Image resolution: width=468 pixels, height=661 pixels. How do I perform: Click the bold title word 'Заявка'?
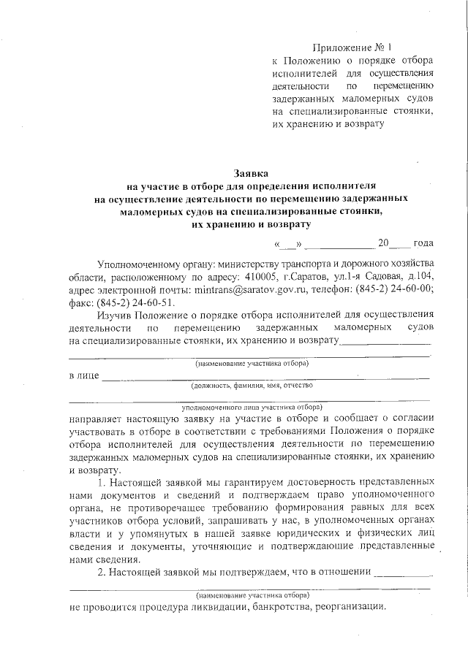pyautogui.click(x=251, y=174)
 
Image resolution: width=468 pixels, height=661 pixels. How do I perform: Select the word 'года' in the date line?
pyautogui.click(x=423, y=243)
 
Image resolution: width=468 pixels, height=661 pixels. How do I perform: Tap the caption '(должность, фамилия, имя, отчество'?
pyautogui.click(x=252, y=384)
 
